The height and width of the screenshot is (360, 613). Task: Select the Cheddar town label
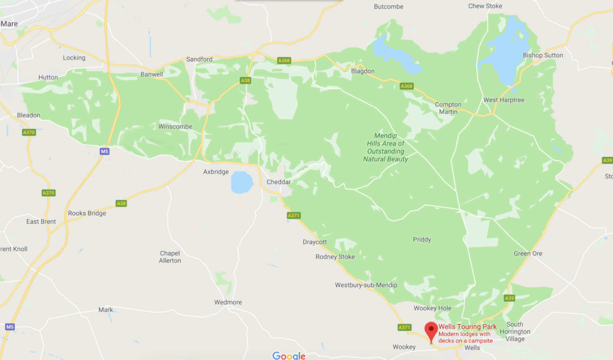[x=279, y=182]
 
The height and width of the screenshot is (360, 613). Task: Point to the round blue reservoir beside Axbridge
[x=242, y=182]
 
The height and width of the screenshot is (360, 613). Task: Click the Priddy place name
[x=422, y=240]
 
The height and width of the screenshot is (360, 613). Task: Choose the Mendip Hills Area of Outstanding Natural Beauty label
[x=385, y=148]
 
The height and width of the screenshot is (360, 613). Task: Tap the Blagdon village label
[x=363, y=71]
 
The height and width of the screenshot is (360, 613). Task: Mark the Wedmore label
[x=228, y=303]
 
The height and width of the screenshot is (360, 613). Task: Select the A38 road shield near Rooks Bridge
[x=121, y=203]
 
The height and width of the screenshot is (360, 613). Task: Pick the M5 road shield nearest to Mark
[x=10, y=327]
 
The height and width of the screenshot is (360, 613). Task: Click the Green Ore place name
[x=528, y=254]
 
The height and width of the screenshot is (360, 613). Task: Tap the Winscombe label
[x=175, y=127]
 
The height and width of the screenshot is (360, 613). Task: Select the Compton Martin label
[x=448, y=108]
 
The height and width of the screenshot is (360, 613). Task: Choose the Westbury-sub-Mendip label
[x=366, y=285]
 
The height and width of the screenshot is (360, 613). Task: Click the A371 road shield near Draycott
[x=293, y=216]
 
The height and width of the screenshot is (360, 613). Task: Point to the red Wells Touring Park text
[x=467, y=327]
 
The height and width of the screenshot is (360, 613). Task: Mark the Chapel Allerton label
[x=170, y=257]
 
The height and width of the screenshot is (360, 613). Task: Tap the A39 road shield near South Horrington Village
[x=509, y=298]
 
